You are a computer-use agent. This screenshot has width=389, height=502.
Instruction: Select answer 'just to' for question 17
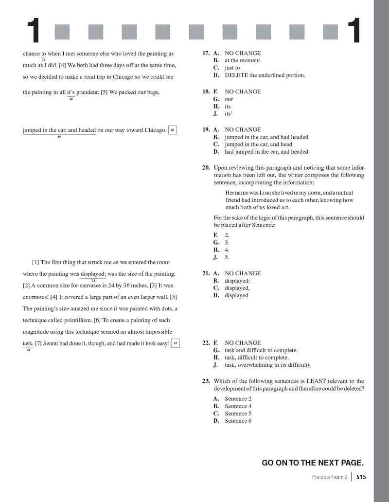(232, 68)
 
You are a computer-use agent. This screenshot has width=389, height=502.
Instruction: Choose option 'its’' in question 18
(228, 114)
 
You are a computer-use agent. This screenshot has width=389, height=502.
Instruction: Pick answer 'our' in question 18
(229, 99)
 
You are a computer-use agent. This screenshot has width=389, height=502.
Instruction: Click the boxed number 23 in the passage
(176, 343)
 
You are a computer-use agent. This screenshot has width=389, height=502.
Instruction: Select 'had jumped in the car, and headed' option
(266, 152)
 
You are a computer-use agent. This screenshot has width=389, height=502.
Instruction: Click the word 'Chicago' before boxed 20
(156, 130)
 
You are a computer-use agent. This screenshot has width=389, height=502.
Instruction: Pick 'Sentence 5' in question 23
(238, 413)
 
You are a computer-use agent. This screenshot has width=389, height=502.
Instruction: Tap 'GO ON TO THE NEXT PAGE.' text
(313, 463)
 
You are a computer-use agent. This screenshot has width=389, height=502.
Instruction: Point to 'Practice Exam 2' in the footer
(329, 477)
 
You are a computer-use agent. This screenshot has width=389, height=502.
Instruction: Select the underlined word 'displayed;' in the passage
(93, 273)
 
